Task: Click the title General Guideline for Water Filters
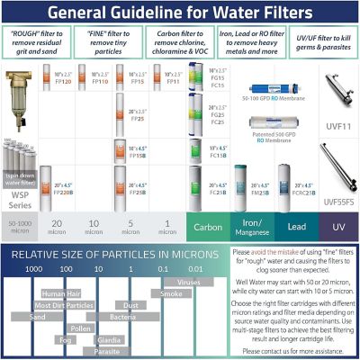point(180,13)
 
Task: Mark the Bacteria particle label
point(122,317)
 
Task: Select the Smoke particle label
point(171,293)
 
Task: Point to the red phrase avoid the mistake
point(282,252)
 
